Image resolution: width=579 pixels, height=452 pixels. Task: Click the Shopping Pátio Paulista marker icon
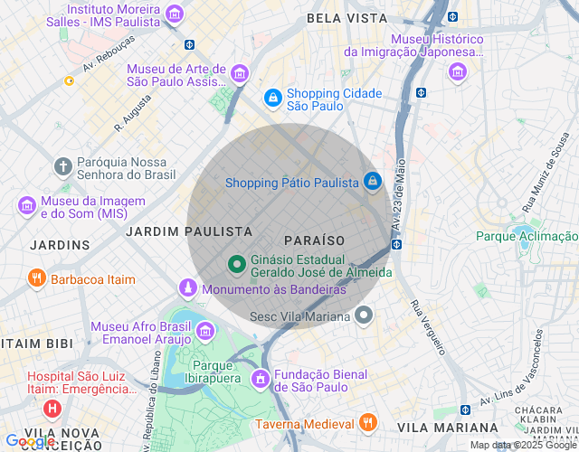372,182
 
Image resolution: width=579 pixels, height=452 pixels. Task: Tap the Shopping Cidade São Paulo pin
272,97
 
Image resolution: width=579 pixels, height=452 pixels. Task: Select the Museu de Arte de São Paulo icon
240,72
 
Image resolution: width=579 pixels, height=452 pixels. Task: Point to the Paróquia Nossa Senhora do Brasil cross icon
62,166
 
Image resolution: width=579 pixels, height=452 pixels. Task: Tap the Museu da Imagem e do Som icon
27,206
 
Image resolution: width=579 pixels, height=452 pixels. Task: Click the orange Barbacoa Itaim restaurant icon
36,278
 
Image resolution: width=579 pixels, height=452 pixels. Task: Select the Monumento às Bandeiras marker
187,288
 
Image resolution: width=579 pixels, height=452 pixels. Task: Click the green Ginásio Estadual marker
236,264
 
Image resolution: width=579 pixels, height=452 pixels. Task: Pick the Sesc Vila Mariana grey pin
364,315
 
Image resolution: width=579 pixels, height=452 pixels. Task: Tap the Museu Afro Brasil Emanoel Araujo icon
204,331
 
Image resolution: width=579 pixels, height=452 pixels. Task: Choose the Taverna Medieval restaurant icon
367,422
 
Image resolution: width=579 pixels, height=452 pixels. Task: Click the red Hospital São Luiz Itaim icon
52,409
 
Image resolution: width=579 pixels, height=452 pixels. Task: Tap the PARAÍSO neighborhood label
315,240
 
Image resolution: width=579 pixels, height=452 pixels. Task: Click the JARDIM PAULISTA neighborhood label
188,231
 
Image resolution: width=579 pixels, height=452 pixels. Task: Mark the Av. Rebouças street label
109,53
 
